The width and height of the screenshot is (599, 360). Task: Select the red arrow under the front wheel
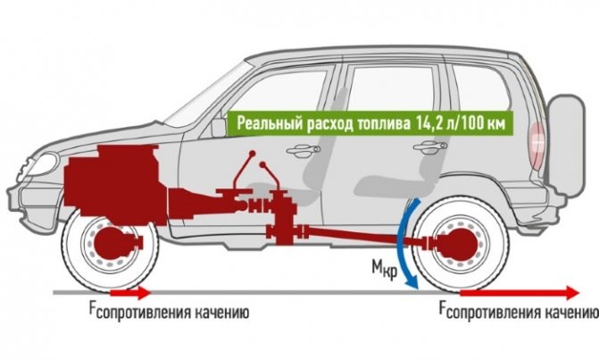[130, 291]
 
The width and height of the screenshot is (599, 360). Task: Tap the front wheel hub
[110, 243]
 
